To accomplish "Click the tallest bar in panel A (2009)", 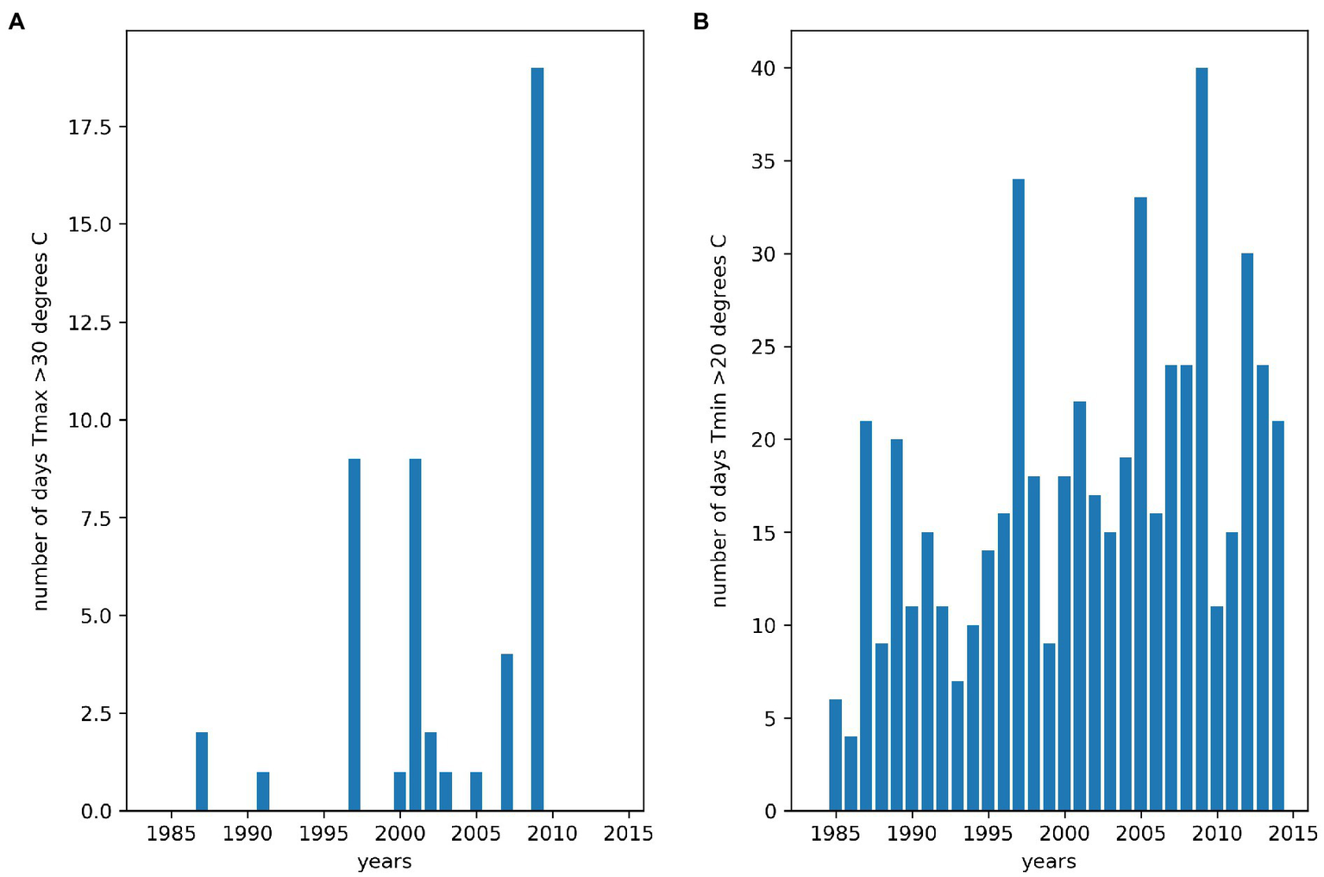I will (537, 439).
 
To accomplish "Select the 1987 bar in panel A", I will (202, 771).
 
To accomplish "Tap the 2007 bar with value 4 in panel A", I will (507, 732).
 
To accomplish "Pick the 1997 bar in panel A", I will (355, 635).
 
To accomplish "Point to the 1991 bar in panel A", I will (263, 791).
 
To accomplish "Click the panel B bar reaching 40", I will (1202, 439).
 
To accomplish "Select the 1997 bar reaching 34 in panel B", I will (1019, 495).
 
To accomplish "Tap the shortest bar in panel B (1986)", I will (850, 774).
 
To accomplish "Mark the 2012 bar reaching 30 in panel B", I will (1247, 532).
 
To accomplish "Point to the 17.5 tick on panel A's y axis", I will (90, 128).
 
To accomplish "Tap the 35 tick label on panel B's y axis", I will (763, 161).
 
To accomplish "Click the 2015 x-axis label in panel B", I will (1293, 834).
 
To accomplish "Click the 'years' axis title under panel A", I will (384, 861).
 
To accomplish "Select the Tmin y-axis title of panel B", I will (719, 421).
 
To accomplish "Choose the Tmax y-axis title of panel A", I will (41, 421).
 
